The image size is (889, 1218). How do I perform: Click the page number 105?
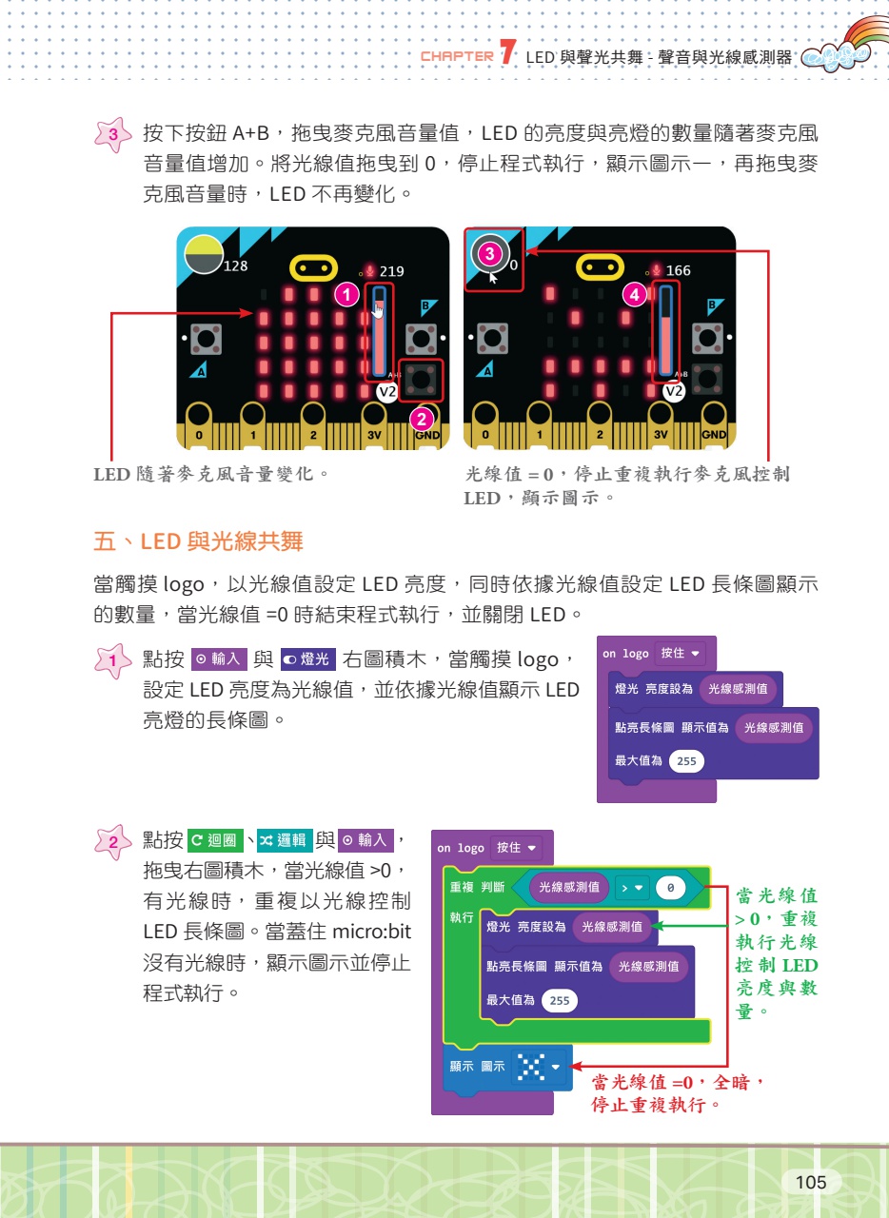coord(810,1182)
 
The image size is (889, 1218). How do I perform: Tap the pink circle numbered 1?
coord(346,295)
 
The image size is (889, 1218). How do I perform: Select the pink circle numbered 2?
coord(421,420)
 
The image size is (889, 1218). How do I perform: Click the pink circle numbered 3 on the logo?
coord(489,253)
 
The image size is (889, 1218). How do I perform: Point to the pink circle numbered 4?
coord(634,295)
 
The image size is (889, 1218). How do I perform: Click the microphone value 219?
coord(392,271)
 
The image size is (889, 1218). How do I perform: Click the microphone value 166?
coord(678,270)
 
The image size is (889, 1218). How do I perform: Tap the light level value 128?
coord(235,265)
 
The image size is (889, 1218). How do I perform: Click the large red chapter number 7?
coord(507,51)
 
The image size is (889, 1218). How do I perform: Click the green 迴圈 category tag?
coord(215,840)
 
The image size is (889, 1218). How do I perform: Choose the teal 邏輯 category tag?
coord(285,840)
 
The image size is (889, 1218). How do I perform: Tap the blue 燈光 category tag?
coord(308,659)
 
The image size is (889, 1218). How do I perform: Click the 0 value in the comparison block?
coord(670,888)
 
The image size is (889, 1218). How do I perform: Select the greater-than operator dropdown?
coord(631,888)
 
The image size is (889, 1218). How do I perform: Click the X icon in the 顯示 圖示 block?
coord(531,1067)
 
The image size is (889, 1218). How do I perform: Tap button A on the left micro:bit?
coord(207,339)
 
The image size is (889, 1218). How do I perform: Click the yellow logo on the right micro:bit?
coord(600,267)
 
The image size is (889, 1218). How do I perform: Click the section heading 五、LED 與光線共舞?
coord(198,541)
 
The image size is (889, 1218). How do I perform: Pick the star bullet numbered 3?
coord(112,134)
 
